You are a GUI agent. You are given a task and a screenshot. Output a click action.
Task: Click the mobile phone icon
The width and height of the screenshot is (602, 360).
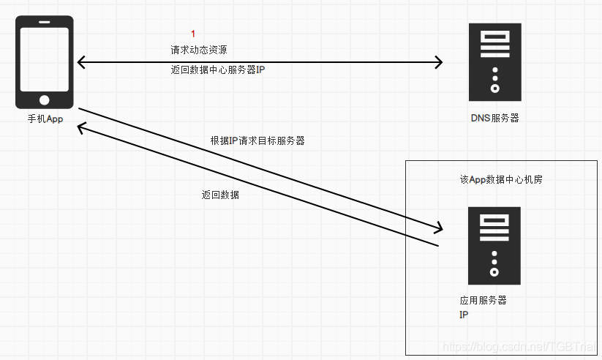45,62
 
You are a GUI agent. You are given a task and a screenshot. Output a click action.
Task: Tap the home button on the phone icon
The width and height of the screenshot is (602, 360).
45,99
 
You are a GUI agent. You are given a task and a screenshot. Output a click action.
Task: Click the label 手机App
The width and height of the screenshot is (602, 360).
45,119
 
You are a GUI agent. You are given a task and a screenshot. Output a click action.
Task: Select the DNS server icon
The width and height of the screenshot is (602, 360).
495,62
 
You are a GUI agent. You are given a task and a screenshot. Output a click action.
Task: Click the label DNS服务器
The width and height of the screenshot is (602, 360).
495,118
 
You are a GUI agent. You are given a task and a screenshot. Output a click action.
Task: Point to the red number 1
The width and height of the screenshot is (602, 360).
193,34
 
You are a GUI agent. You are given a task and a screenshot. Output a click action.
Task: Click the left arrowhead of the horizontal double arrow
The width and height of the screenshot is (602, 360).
80,62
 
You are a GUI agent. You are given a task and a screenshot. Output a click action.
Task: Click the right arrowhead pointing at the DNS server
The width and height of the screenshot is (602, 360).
439,62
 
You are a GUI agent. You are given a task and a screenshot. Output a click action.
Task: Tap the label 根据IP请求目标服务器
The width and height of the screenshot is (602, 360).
257,140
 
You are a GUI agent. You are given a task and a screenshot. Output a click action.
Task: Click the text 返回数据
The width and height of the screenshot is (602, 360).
221,195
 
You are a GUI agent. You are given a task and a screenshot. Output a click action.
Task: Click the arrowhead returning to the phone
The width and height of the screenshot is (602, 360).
83,127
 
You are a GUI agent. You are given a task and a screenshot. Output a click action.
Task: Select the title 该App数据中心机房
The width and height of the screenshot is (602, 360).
501,180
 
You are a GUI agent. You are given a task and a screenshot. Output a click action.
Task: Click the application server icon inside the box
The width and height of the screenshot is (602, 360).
494,245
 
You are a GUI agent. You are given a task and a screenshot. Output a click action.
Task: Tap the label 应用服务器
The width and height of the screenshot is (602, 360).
483,301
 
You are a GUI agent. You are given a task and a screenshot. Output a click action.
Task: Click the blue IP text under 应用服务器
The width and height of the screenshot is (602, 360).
464,315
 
